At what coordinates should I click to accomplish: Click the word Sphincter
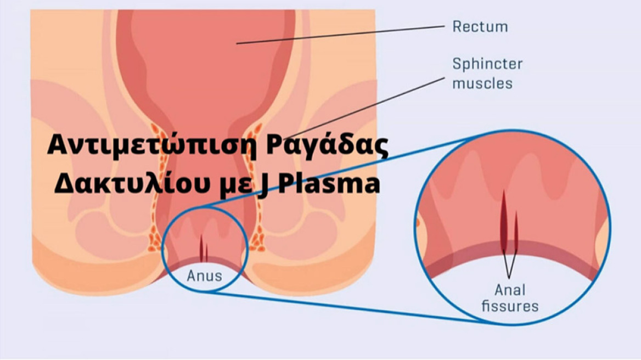[487, 64]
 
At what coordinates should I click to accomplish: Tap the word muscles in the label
[482, 83]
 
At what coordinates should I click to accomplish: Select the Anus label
[204, 275]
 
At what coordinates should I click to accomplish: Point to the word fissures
[510, 306]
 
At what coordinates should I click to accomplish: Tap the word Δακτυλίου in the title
[129, 184]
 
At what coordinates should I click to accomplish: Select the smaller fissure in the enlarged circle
[516, 230]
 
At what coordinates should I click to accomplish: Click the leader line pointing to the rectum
[340, 35]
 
